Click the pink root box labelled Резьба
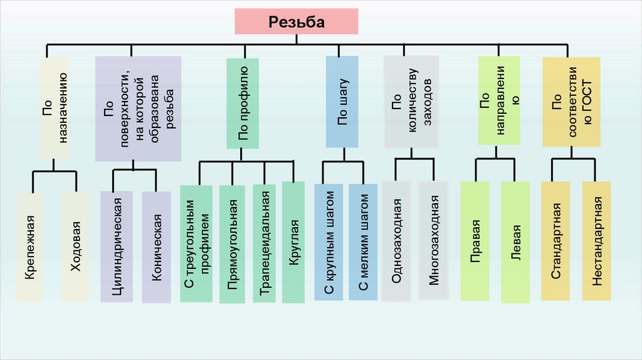(x=297, y=22)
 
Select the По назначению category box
(x=53, y=107)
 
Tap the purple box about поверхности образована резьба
(x=138, y=109)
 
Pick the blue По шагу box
(x=342, y=102)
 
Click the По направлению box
(x=499, y=101)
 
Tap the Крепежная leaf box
(x=29, y=247)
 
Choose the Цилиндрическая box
(x=116, y=246)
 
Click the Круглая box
(x=293, y=241)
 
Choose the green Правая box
(x=475, y=241)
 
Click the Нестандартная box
(x=596, y=241)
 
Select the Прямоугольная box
(x=232, y=244)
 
